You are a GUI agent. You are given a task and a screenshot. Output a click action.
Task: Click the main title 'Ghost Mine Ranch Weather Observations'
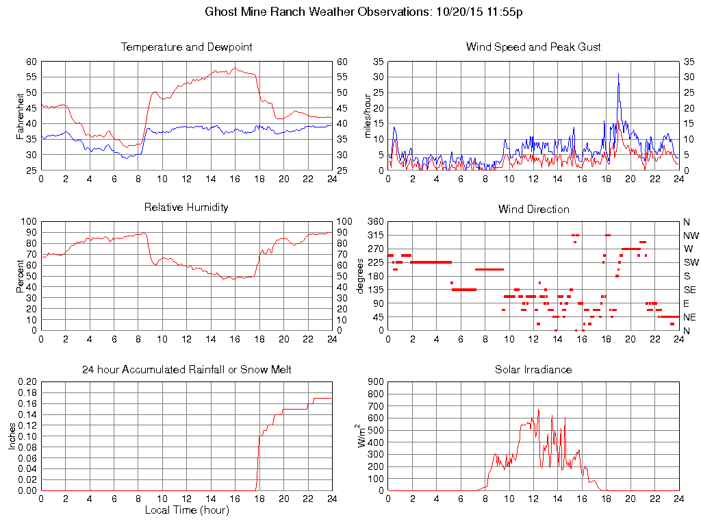(x=319, y=12)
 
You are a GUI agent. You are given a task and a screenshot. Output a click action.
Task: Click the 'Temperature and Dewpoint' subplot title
(x=186, y=47)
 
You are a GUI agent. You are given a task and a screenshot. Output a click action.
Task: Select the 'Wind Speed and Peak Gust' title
(x=533, y=47)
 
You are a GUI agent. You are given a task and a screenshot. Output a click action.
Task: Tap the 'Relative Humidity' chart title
(x=186, y=207)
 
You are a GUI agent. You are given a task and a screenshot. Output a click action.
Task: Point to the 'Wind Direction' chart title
(x=533, y=209)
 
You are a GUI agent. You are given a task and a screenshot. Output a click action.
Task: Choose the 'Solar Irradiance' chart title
(x=533, y=370)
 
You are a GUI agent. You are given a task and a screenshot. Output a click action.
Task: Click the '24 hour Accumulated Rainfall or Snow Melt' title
(x=186, y=370)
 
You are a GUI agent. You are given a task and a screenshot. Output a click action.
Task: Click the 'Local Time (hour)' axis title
(x=186, y=510)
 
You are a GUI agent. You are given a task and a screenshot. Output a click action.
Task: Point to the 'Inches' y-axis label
(x=12, y=436)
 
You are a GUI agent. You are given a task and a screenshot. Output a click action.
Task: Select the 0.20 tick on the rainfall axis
(x=28, y=382)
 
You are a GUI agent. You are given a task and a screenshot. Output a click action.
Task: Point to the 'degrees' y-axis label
(x=361, y=276)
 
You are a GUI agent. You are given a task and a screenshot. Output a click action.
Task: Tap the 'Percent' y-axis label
(x=20, y=276)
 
